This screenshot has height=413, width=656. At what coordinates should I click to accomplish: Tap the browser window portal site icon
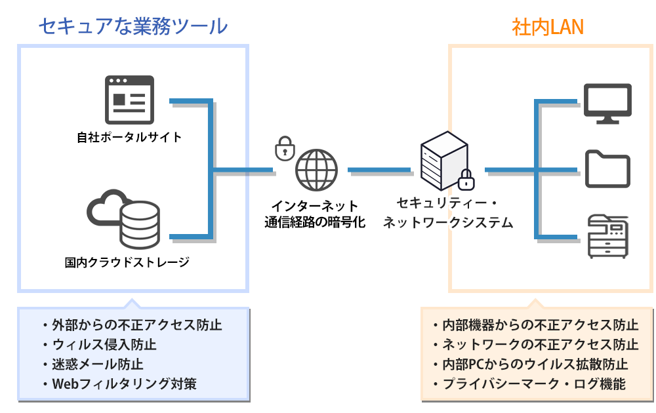coord(129,99)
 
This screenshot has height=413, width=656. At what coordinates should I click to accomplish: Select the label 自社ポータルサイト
coord(129,138)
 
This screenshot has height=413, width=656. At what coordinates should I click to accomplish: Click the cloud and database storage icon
coord(124,218)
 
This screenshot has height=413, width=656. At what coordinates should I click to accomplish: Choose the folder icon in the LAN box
coord(607,169)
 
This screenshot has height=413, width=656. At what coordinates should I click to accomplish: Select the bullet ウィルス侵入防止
coord(104,344)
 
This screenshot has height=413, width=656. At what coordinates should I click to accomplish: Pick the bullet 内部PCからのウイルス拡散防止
coord(535,364)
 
